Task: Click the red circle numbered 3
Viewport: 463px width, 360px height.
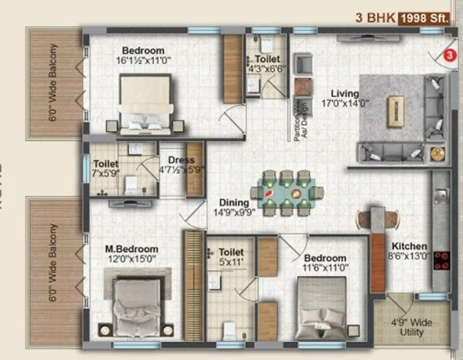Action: click(x=449, y=54)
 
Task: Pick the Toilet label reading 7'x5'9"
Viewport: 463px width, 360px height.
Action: click(x=106, y=169)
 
